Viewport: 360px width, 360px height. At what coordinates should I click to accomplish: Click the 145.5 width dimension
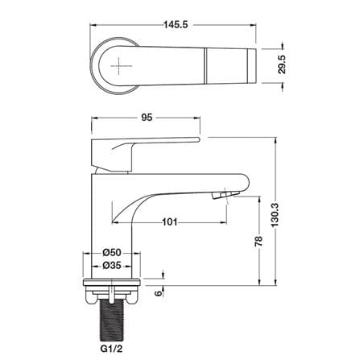(x=176, y=24)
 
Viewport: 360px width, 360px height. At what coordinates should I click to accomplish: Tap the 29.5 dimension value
(x=282, y=64)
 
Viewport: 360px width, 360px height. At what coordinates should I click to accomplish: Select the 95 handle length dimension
(x=147, y=118)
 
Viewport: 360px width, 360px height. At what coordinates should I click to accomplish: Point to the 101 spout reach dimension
(x=170, y=222)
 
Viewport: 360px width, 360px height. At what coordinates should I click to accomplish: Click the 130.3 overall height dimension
(x=275, y=215)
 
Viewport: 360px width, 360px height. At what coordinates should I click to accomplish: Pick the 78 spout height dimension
(x=259, y=242)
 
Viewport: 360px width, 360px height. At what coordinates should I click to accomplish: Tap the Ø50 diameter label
(x=112, y=252)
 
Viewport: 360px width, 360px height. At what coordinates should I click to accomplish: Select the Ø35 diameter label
(x=112, y=266)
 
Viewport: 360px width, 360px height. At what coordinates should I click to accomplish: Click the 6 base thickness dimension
(x=159, y=293)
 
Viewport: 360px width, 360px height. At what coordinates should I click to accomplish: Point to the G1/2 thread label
(x=111, y=349)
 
